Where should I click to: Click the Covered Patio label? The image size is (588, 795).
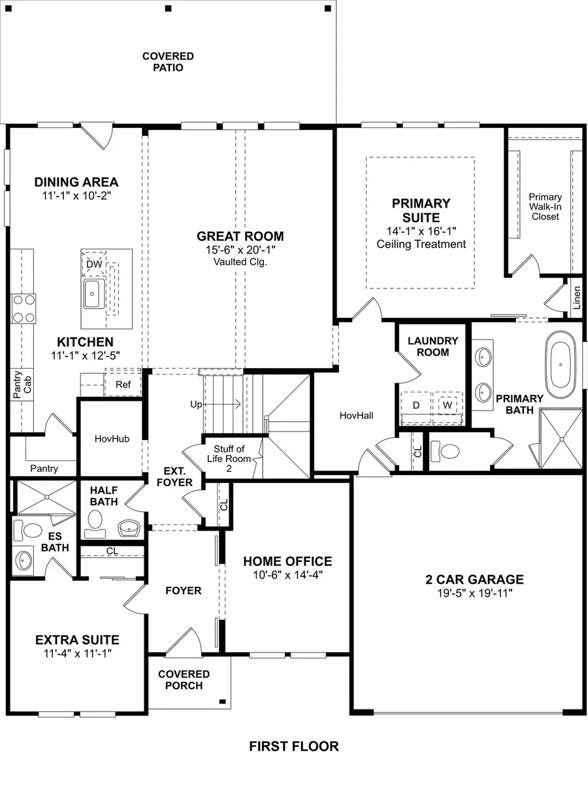coord(168,62)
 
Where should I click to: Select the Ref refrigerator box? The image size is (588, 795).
coord(123,384)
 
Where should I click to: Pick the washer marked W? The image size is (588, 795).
coord(448,405)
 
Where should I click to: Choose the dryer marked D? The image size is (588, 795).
coord(416,405)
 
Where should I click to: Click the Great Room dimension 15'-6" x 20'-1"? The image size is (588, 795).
coord(240,250)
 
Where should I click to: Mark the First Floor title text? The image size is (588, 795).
coord(294,746)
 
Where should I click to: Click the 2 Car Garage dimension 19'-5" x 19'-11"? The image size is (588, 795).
coord(475,593)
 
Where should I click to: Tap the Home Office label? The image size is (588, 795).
coord(287,561)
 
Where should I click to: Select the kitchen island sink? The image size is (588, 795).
coord(92,293)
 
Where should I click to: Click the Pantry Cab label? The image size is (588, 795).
coord(22,385)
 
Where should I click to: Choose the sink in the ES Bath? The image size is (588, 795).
coord(24,560)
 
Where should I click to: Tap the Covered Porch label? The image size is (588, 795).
coord(184,679)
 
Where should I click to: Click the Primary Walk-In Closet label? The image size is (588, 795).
coord(545,206)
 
